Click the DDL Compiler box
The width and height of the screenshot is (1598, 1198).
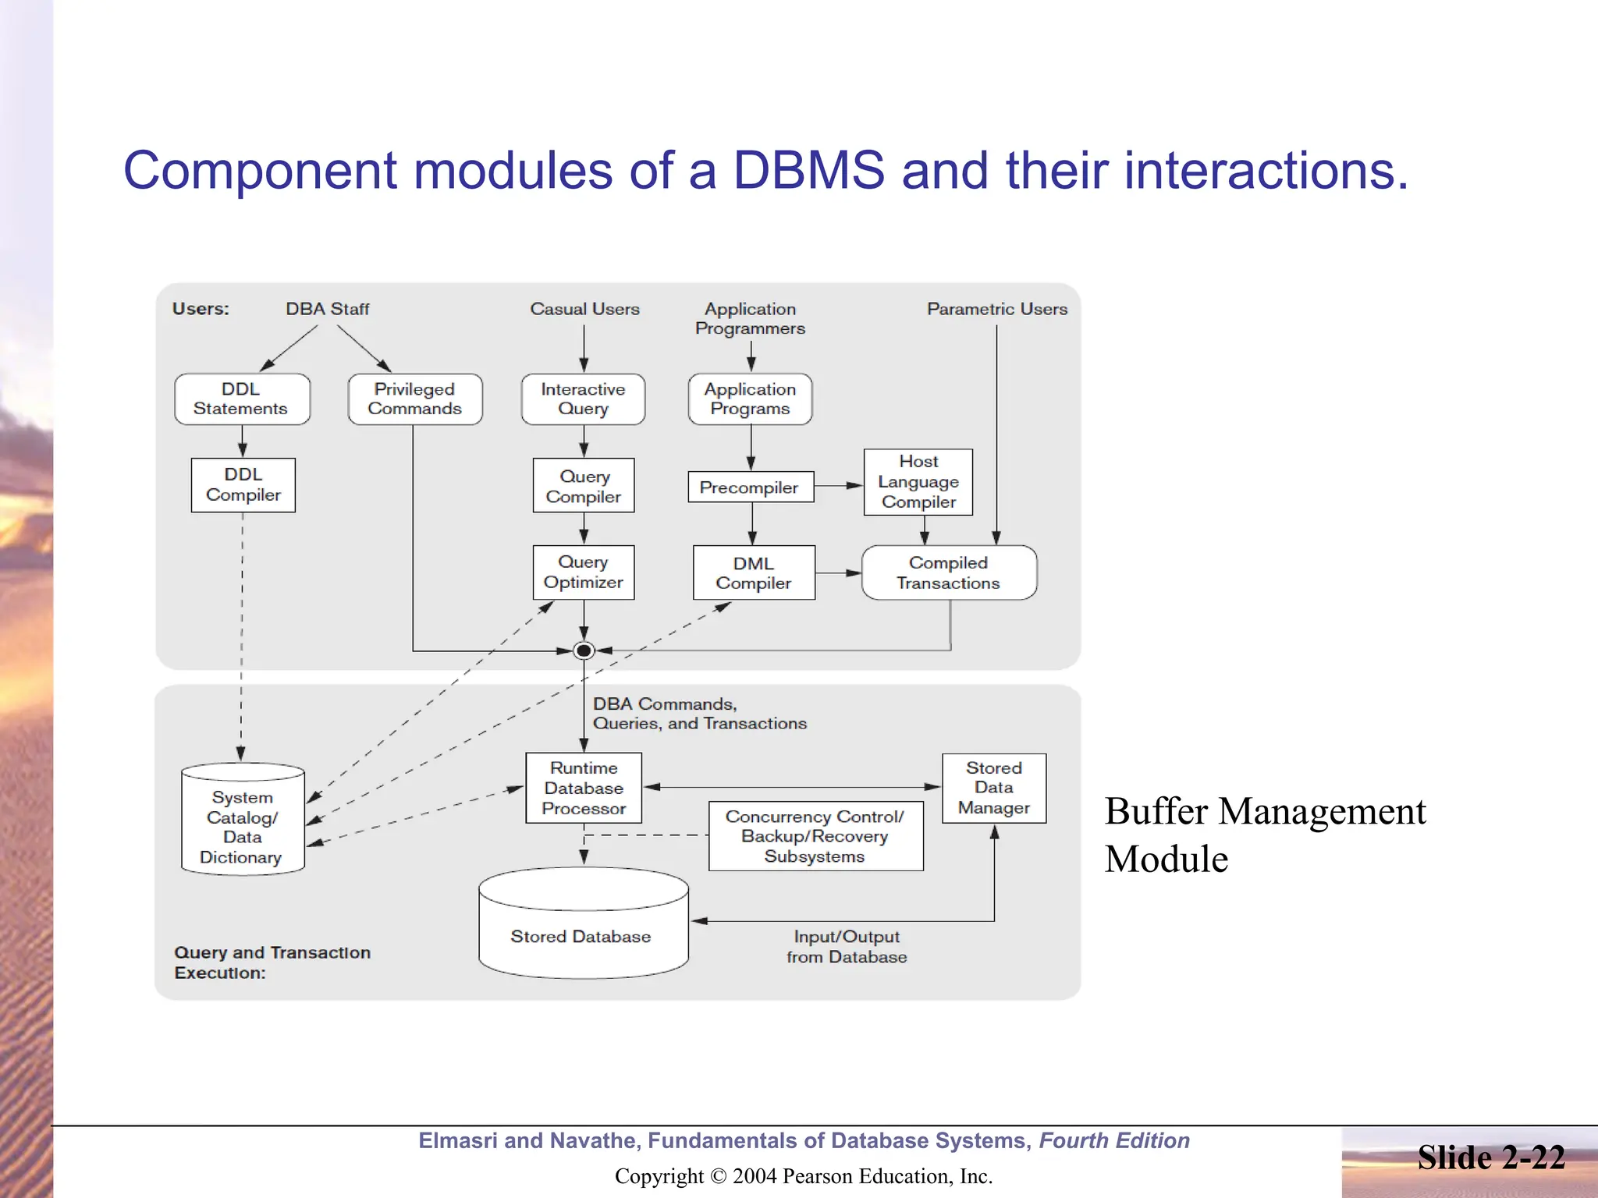pos(243,484)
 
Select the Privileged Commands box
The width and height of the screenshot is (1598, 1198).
pos(414,399)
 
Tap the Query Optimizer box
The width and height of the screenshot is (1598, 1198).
pos(583,572)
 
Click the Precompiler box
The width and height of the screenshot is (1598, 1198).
pos(750,487)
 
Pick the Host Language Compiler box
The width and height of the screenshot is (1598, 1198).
pos(918,481)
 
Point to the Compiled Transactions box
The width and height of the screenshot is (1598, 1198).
pos(948,572)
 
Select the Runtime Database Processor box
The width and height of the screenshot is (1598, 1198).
pos(583,787)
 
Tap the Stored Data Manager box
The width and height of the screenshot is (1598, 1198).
pos(993,787)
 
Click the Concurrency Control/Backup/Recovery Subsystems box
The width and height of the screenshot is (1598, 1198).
pos(815,835)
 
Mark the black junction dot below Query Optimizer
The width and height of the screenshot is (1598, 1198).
pos(583,650)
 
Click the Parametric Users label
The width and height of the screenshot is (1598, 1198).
pos(996,309)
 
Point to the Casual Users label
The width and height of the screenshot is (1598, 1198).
pos(584,309)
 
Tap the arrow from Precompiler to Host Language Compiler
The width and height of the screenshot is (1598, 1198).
pos(839,485)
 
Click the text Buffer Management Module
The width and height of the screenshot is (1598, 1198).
pos(1264,834)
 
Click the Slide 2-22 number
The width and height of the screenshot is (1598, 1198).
pos(1490,1157)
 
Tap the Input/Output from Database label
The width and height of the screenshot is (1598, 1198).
pos(847,946)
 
